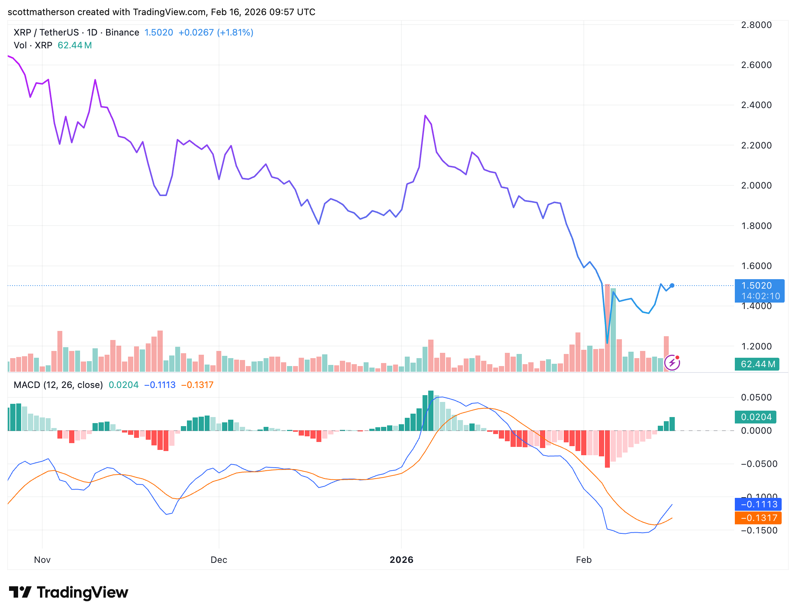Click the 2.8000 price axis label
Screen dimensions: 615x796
(x=756, y=25)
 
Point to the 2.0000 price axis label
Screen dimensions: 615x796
(x=756, y=185)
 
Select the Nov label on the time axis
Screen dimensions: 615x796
(x=42, y=560)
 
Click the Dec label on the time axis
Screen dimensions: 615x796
(x=219, y=560)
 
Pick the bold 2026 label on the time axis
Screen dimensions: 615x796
(x=401, y=560)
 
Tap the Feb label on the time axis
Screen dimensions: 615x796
(x=583, y=560)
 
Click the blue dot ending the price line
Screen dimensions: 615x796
(x=672, y=286)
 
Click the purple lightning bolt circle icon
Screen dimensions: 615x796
(x=672, y=363)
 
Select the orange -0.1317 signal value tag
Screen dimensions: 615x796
(x=758, y=518)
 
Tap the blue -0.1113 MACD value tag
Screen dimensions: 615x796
(x=758, y=504)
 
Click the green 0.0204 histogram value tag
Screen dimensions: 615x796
(x=756, y=417)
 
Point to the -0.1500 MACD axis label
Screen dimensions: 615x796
(x=759, y=530)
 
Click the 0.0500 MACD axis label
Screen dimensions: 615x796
(x=756, y=397)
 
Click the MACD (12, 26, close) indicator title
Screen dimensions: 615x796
(x=58, y=385)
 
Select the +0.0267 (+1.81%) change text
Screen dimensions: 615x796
(x=216, y=32)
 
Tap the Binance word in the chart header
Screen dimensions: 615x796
(x=122, y=32)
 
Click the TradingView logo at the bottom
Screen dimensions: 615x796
(x=68, y=592)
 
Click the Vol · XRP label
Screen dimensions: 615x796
(x=33, y=45)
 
